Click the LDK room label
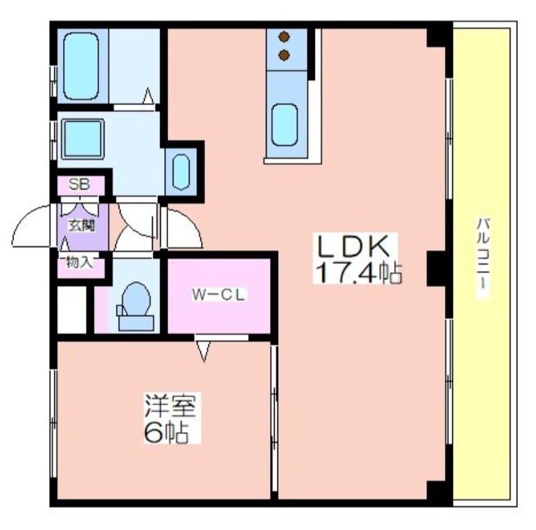point(354,246)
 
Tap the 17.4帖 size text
point(358,272)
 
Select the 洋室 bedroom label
point(170,405)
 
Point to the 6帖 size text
point(165,432)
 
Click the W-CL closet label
point(218,295)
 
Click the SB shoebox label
point(79,185)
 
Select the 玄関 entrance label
point(82,225)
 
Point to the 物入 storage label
point(79,262)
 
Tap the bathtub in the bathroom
point(81,66)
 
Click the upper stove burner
point(284,37)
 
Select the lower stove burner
point(284,55)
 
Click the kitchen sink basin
point(284,125)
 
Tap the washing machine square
point(82,139)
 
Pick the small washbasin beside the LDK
point(181,172)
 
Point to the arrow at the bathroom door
point(148,96)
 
